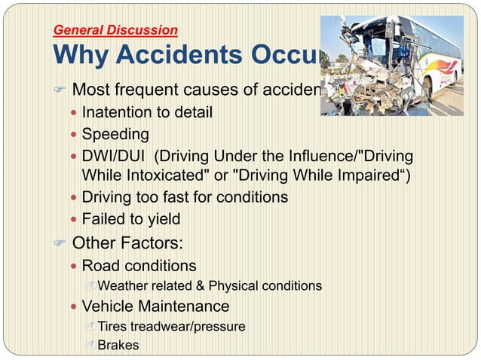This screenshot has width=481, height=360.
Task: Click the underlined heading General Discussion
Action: pos(115,31)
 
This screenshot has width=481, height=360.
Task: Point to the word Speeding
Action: pos(115,135)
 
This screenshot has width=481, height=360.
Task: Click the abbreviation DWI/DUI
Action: pos(113,157)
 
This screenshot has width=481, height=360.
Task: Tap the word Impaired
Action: pos(368,178)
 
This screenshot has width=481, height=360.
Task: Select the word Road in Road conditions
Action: pos(100,266)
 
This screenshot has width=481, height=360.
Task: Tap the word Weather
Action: pos(124,286)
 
